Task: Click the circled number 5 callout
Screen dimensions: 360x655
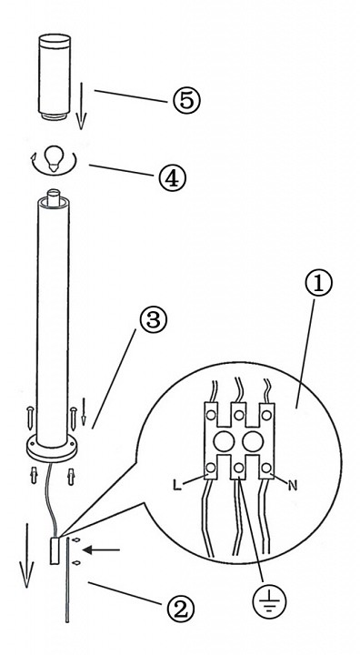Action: click(186, 101)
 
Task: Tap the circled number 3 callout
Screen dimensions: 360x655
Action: click(153, 320)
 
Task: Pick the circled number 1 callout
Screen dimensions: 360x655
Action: click(319, 283)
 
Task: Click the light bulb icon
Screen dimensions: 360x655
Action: click(54, 158)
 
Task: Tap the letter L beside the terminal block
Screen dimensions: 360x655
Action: click(177, 486)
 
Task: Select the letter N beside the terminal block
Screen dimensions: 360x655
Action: click(293, 486)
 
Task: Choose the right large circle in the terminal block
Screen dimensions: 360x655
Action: click(253, 442)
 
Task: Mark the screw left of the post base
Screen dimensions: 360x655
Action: click(29, 418)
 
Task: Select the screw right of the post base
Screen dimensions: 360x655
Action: click(74, 418)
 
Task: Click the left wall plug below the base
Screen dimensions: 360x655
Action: click(34, 476)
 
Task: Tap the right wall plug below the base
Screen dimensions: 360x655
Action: click(71, 477)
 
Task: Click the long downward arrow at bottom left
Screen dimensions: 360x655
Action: click(27, 555)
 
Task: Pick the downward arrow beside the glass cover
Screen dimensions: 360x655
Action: click(82, 106)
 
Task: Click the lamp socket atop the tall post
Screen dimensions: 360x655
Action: click(53, 198)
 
